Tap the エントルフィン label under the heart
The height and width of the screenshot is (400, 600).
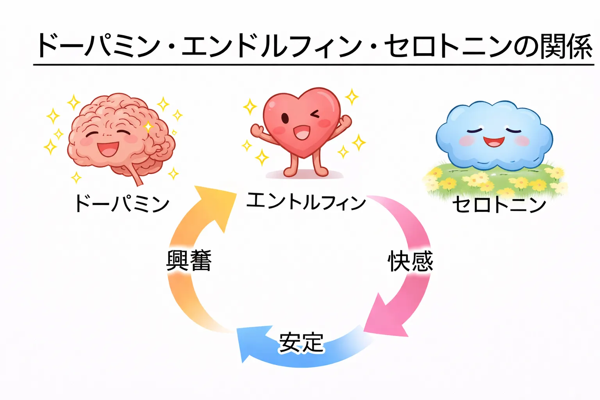[306, 202]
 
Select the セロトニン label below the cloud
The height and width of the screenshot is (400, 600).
[499, 205]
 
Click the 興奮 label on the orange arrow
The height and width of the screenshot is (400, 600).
[189, 261]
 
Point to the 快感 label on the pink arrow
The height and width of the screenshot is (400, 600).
[410, 261]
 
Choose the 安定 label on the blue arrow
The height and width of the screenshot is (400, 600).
[301, 343]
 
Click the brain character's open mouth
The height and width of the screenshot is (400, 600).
[108, 148]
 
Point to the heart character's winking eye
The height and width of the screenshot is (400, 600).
[315, 114]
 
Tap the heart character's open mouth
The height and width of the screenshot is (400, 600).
[301, 132]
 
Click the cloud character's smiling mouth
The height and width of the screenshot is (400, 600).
[493, 141]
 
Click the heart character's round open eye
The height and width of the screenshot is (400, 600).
[286, 118]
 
